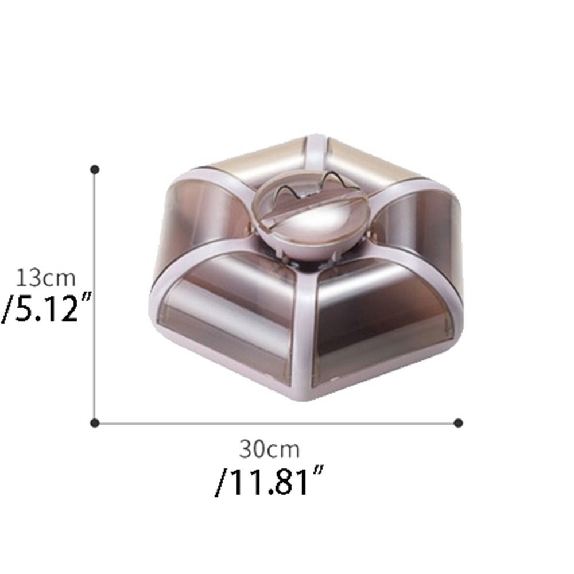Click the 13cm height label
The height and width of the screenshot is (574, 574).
(x=46, y=278)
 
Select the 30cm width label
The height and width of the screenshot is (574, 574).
(x=269, y=449)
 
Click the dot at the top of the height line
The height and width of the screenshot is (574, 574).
(x=95, y=169)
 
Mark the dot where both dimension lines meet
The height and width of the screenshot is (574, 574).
(x=95, y=423)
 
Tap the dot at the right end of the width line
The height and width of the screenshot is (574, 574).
(x=458, y=423)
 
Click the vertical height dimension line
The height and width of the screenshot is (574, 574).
(x=95, y=297)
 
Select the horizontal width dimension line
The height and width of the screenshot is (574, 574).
(x=277, y=424)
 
